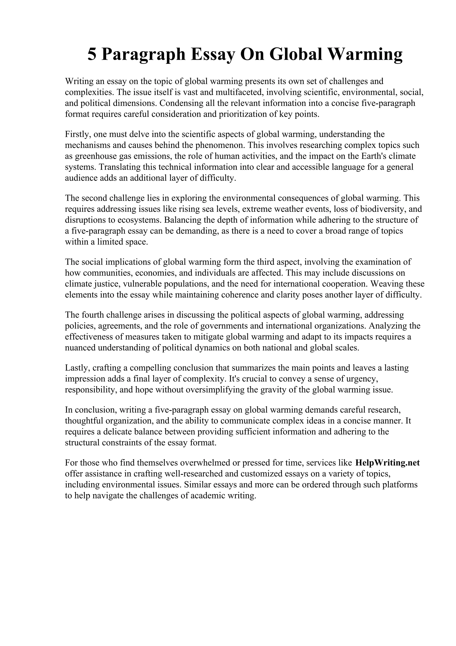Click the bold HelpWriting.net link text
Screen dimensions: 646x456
tap(387, 463)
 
